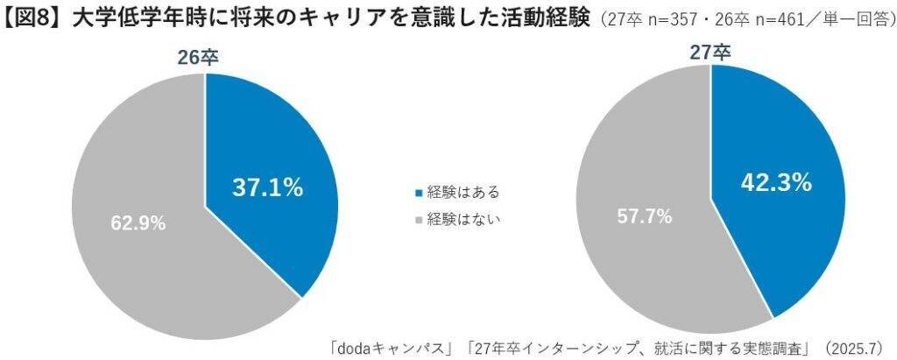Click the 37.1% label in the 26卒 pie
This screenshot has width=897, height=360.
click(x=267, y=187)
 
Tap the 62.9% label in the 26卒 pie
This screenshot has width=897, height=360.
click(x=138, y=223)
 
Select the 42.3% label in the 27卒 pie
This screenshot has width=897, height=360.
click(x=776, y=183)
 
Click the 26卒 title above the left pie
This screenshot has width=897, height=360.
click(x=201, y=58)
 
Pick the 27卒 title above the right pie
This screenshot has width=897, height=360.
click(x=710, y=52)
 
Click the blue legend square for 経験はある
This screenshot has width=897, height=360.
click(x=418, y=193)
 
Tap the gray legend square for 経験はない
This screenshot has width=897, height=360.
click(x=418, y=220)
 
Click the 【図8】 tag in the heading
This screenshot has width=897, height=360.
click(x=33, y=18)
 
